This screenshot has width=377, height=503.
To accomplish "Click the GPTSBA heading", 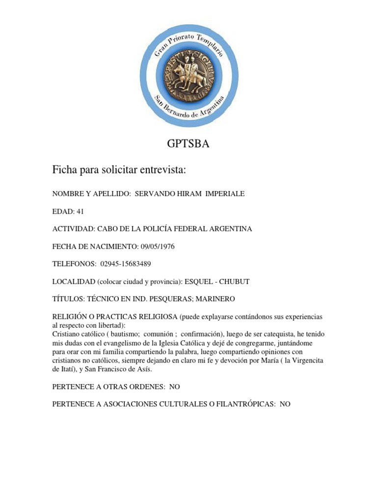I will [x=188, y=144].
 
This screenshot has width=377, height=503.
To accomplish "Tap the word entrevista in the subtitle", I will [x=159, y=170].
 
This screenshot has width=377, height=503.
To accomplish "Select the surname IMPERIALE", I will [x=222, y=194].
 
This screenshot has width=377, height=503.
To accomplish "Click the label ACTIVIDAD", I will [x=73, y=229].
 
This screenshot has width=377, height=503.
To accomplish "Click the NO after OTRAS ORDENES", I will [x=175, y=387].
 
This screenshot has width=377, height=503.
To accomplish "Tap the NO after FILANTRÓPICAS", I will [x=285, y=404].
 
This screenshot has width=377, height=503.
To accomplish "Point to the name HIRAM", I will [x=180, y=194].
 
